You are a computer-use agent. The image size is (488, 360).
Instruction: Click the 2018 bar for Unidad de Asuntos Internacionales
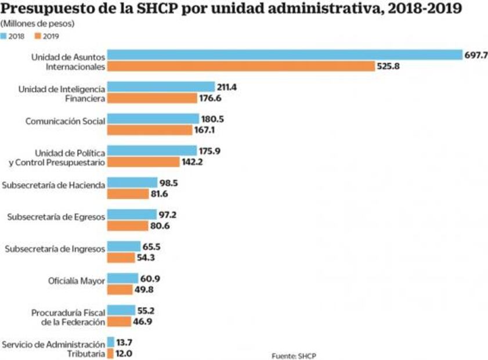(284, 55)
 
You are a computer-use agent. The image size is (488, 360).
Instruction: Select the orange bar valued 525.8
(241, 66)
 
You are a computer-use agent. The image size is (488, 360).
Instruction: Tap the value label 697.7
(475, 55)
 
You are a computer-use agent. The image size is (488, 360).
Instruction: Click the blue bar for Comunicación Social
(153, 118)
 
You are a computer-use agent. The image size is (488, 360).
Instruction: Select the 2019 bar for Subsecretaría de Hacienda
(128, 193)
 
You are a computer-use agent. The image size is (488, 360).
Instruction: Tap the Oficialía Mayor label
(76, 281)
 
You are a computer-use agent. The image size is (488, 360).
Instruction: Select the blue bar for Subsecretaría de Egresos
(132, 214)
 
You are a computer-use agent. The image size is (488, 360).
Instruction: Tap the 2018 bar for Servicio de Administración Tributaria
(111, 342)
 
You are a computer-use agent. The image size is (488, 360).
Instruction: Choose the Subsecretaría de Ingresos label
(55, 249)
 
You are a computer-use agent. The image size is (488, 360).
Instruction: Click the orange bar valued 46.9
(118, 321)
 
